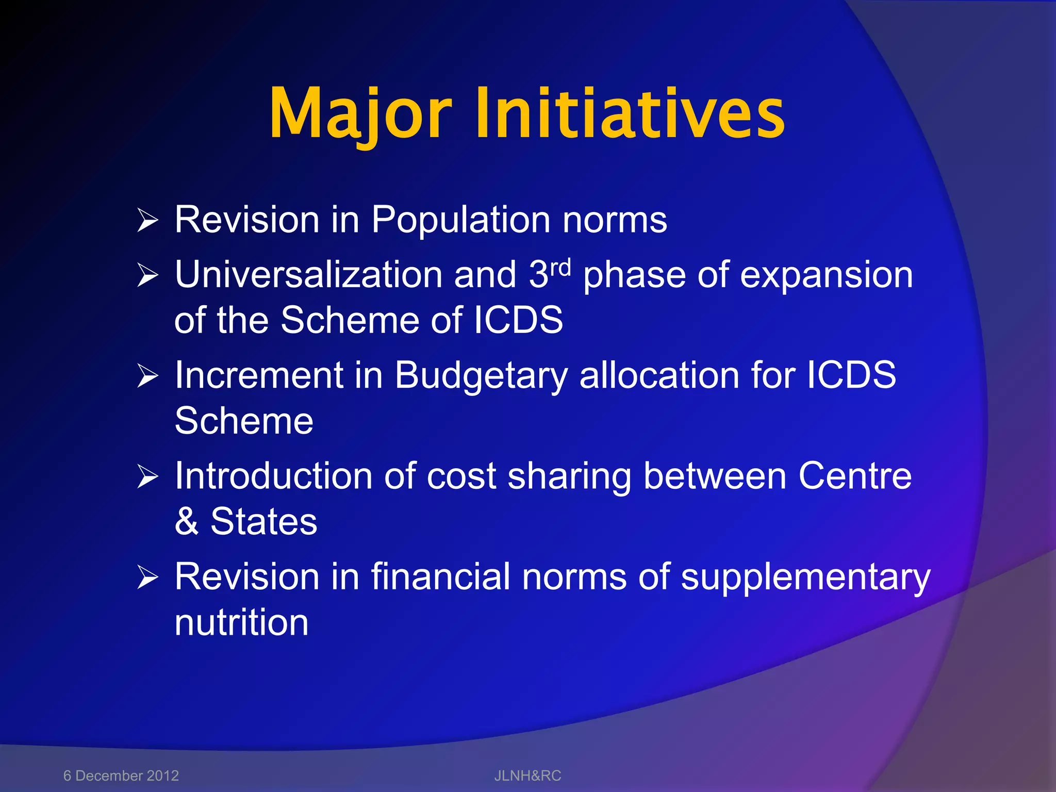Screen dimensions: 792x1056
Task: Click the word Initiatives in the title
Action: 630,113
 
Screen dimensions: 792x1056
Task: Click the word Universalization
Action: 308,275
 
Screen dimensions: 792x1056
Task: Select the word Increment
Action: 259,375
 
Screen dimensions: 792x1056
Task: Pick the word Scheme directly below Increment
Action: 244,421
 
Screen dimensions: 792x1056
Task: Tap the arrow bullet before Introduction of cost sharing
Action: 147,476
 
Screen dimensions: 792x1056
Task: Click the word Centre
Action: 855,476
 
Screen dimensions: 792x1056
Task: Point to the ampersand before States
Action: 186,521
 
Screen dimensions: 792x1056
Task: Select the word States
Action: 263,521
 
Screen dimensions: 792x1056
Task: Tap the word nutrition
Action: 241,622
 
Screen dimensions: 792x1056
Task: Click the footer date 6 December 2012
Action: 121,775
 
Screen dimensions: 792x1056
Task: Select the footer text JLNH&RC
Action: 527,775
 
